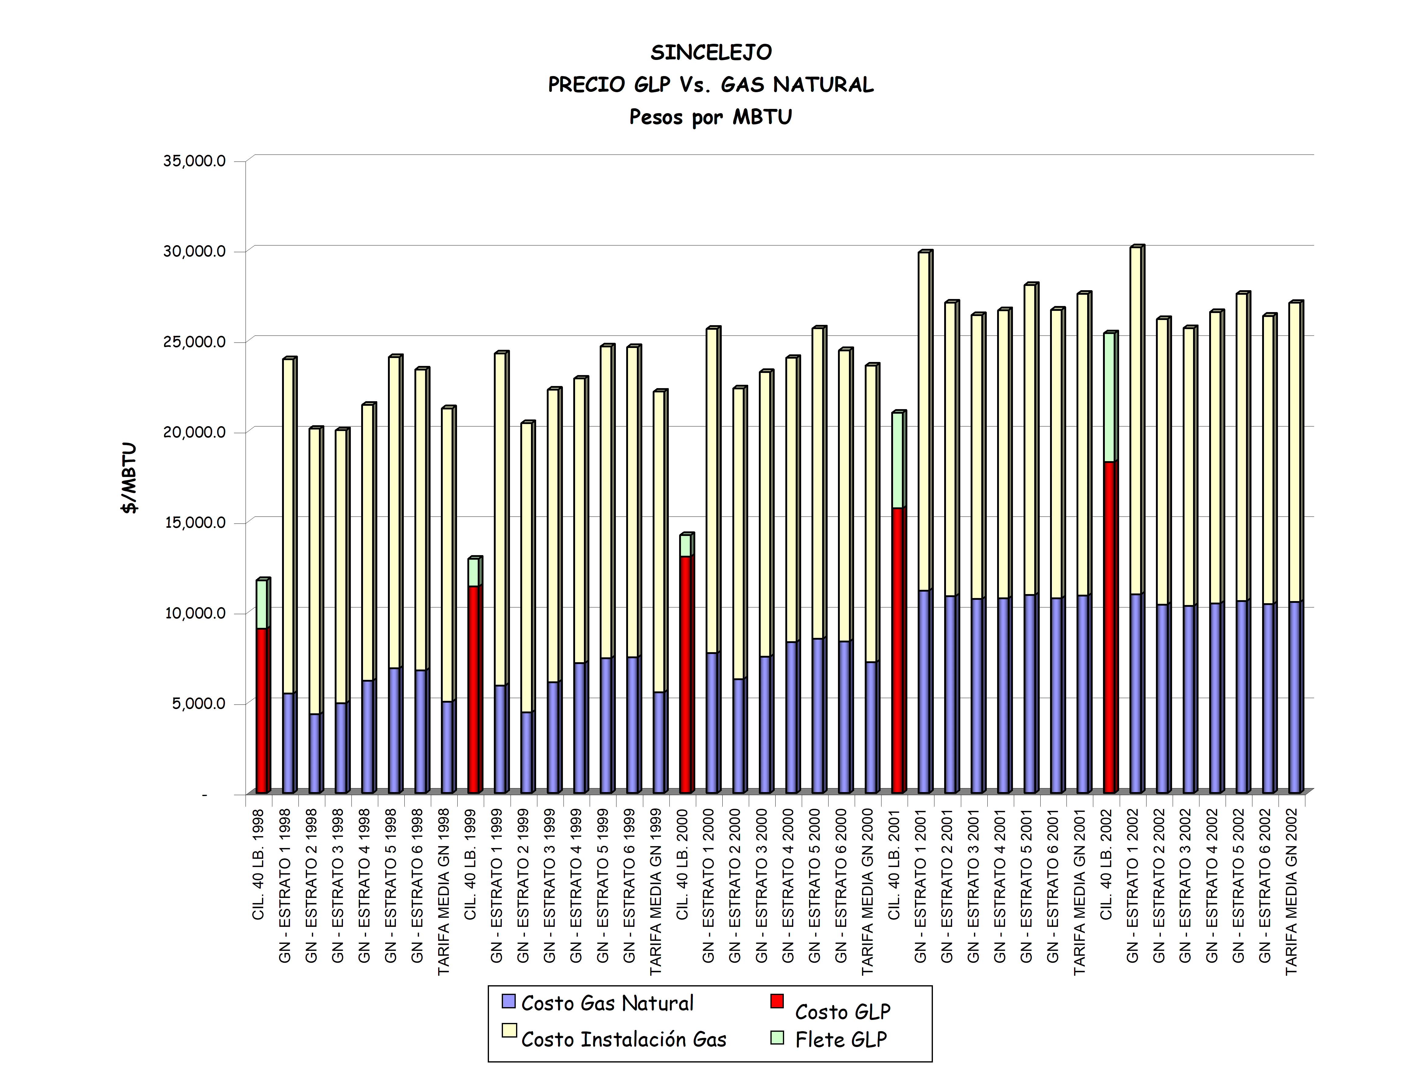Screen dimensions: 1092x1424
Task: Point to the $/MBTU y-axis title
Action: click(129, 478)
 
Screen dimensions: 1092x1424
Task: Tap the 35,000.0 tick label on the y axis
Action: click(194, 161)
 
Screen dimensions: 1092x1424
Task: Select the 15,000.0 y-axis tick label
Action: click(194, 523)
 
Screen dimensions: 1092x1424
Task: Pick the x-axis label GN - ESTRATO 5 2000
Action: click(815, 885)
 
